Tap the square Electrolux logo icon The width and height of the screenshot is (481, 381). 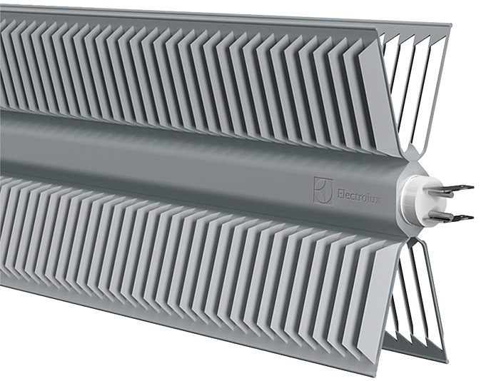tap(323, 190)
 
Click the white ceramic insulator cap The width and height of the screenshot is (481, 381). tap(416, 202)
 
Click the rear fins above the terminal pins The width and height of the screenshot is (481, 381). tap(414, 86)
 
